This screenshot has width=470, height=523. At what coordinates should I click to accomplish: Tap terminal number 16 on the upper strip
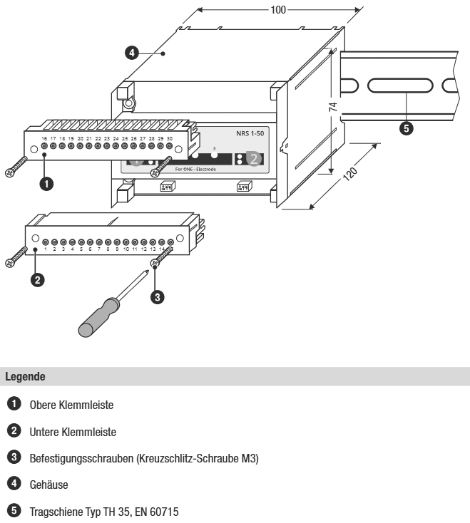coord(44,138)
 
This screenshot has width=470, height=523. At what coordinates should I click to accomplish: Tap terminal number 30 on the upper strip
coord(169,138)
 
